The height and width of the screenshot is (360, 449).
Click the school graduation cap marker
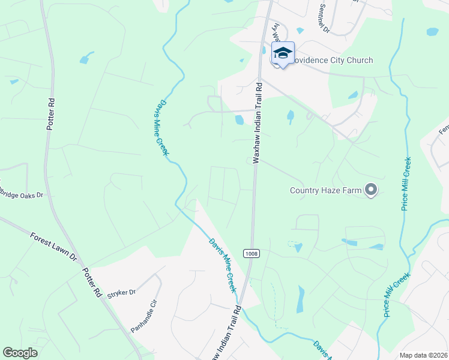[282, 53]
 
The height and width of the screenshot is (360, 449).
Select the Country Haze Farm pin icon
[370, 191]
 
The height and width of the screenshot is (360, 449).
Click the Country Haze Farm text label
[325, 191]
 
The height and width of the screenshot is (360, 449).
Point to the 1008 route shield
[252, 254]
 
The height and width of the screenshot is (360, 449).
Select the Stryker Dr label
[121, 292]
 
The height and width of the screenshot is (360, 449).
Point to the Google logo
[20, 353]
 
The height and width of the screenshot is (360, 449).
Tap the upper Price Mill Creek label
[406, 184]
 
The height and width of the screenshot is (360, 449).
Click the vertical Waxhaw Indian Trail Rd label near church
[258, 122]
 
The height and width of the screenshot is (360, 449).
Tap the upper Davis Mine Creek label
[157, 128]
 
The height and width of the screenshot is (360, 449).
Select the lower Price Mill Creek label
[397, 294]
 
